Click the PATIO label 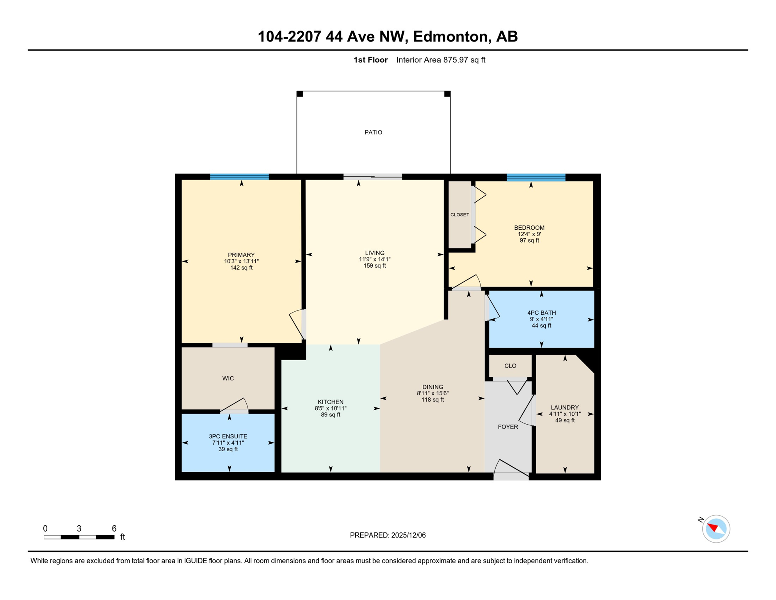coord(373,132)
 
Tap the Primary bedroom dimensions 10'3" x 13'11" coord(241,261)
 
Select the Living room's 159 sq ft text coord(374,266)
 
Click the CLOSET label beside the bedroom coord(459,215)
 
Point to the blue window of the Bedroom coord(536,177)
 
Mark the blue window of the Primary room coord(239,177)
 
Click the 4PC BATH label coord(541,312)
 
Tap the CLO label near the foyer coord(510,366)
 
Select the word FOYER coord(508,427)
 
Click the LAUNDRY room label coord(564,407)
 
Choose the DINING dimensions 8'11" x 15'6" coord(432,393)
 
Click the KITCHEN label coord(330,402)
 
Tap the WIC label coord(228,378)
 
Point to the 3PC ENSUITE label coord(228,436)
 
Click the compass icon coord(715,529)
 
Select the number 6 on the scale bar coord(114,529)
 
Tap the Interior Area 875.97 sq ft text coord(440,60)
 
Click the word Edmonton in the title coord(450,36)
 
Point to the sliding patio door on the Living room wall coord(372,177)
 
